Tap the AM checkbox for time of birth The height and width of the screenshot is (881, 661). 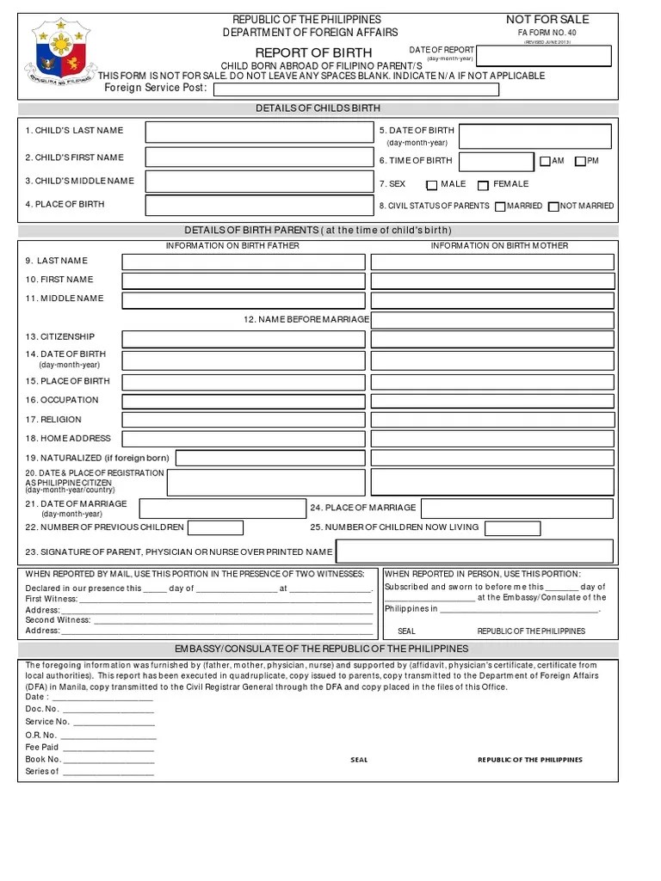point(545,161)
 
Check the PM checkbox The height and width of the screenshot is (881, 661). point(580,161)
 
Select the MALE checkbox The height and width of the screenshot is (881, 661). point(432,185)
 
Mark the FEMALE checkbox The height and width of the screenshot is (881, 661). point(483,185)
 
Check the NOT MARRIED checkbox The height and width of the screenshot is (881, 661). point(553,206)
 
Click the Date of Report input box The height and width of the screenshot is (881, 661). point(544,56)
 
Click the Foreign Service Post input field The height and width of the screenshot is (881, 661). point(355,89)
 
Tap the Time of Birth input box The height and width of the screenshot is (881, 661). point(496,162)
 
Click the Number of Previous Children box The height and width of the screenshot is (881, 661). point(209,527)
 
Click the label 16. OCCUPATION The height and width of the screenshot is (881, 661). point(62,400)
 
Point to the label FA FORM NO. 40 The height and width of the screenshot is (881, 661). point(547,33)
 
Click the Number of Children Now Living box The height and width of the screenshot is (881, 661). point(507,527)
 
